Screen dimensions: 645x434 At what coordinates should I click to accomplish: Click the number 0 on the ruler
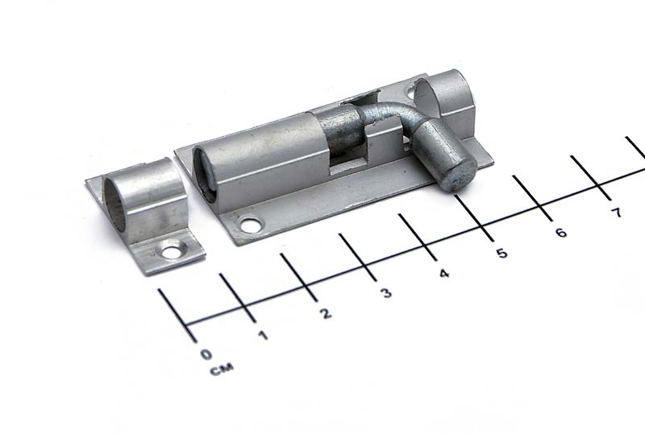[206, 353]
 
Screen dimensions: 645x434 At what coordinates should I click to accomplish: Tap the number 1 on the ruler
[263, 335]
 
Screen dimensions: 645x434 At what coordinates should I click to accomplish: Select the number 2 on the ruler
[326, 313]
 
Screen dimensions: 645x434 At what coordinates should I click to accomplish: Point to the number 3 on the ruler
[385, 292]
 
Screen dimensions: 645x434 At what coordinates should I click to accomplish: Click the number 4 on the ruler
[444, 273]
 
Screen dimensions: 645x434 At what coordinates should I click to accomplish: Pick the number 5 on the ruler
[501, 253]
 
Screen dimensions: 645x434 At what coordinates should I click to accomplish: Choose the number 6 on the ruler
[560, 233]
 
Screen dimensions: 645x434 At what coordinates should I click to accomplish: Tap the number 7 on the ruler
[616, 213]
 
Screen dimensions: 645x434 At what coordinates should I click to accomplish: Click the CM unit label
[222, 369]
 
